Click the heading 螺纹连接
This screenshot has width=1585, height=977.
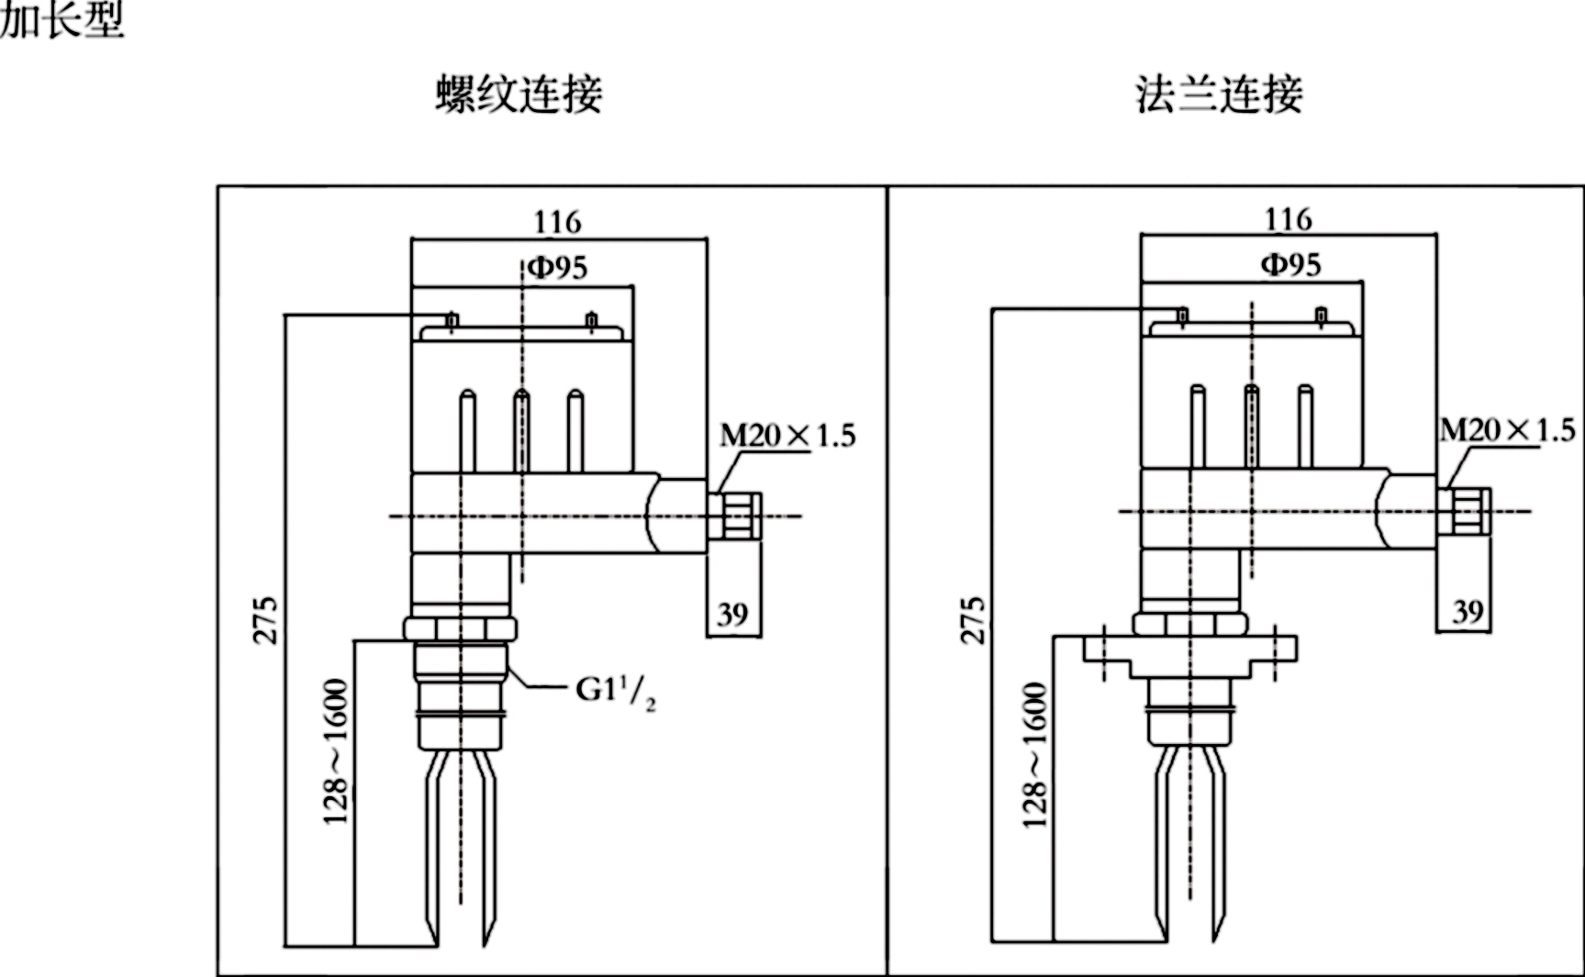point(519,95)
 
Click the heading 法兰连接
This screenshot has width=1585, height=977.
point(1219,95)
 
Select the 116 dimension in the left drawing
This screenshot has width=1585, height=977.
point(557,222)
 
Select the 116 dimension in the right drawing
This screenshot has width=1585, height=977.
point(1288,219)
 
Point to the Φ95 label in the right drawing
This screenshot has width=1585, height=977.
point(1290,265)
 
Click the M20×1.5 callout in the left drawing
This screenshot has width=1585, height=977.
point(787,435)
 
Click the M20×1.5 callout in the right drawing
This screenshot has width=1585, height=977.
point(1507,430)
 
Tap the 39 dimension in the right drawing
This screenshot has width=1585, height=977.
point(1468,611)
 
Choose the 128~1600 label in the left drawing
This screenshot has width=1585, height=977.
point(336,751)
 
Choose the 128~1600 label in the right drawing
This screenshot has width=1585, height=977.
point(1034,755)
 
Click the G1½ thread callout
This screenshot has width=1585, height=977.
point(615,691)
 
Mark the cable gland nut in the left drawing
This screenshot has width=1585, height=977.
point(736,515)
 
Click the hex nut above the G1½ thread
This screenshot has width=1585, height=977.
point(459,629)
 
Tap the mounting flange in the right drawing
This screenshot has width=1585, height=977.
point(1189,649)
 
